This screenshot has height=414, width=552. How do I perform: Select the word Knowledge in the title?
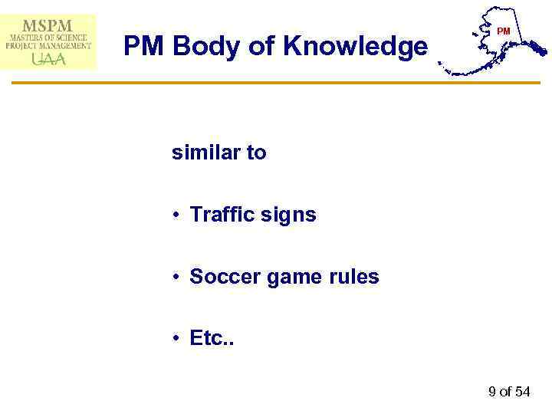355,48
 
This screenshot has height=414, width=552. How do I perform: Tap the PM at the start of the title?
145,48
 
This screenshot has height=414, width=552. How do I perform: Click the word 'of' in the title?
261,48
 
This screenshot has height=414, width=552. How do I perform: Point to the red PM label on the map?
503,31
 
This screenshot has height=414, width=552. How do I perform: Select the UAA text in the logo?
48,58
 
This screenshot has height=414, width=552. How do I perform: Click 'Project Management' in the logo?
48,45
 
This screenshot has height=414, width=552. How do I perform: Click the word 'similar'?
202,153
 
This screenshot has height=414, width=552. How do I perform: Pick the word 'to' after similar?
256,153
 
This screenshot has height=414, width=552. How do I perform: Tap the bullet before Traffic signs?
176,215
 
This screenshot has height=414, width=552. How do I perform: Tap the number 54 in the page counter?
522,392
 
